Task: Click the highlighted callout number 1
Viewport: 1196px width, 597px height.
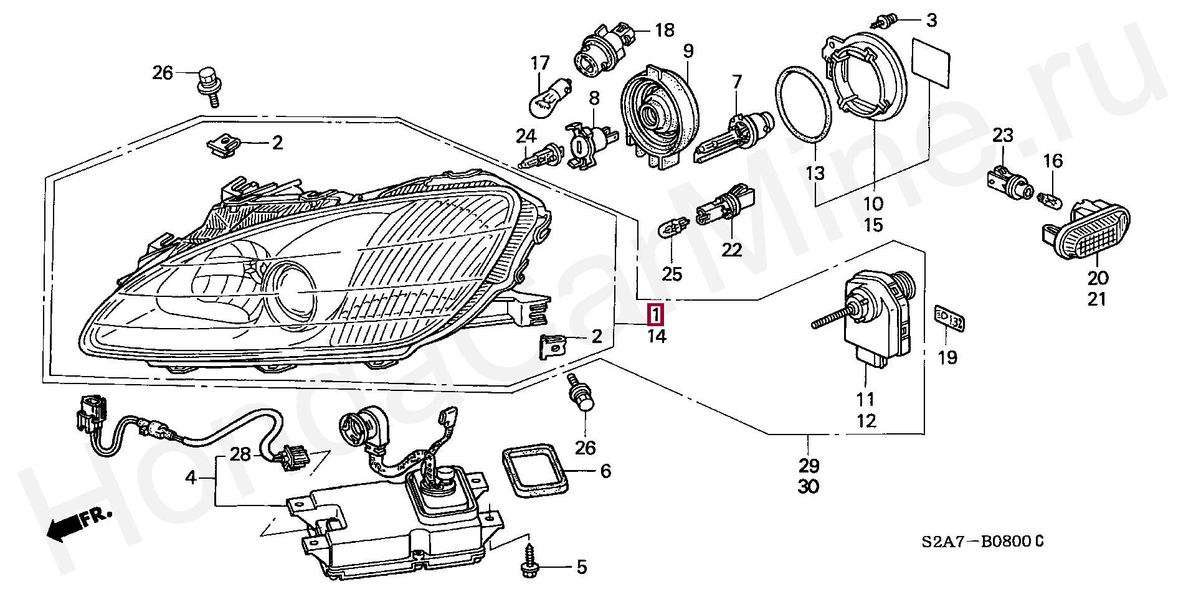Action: point(657,316)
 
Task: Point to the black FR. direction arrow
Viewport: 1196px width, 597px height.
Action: point(79,521)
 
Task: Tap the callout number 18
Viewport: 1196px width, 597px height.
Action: point(665,29)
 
